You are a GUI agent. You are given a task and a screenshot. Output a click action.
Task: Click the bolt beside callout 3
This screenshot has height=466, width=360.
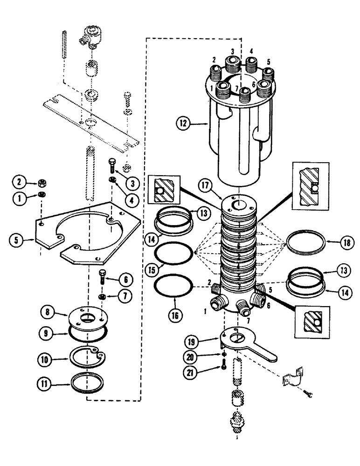tap(112, 165)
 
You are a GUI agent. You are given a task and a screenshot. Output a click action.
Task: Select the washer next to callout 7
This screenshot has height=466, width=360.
tap(103, 297)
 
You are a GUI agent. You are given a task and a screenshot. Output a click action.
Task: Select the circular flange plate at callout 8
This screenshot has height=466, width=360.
tap(88, 318)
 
